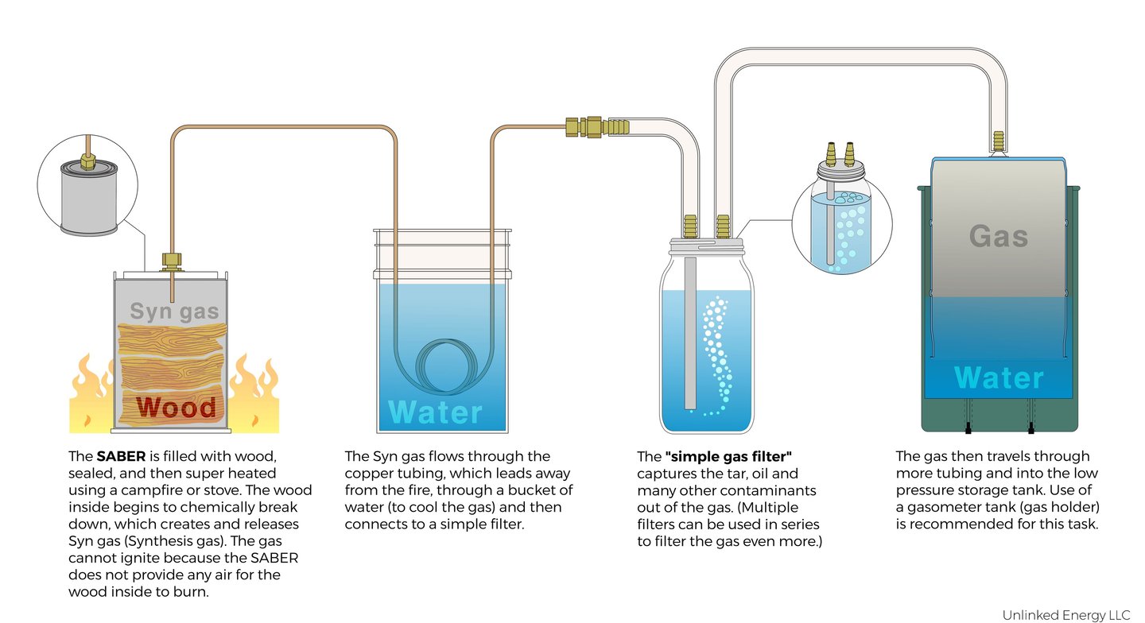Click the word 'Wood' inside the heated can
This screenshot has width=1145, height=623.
(x=176, y=407)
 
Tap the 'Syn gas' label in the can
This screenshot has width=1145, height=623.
(x=174, y=311)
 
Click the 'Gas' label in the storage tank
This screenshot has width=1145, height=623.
(x=999, y=235)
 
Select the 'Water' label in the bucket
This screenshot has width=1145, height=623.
(x=435, y=412)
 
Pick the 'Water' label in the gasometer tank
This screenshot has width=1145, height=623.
(x=999, y=378)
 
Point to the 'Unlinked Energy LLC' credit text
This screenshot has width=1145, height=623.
(x=1065, y=614)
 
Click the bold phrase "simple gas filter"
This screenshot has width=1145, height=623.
(x=728, y=456)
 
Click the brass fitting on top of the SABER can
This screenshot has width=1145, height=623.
(x=171, y=261)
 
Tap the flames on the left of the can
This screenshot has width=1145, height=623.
(x=92, y=396)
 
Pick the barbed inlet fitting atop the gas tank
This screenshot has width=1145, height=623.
(x=999, y=141)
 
